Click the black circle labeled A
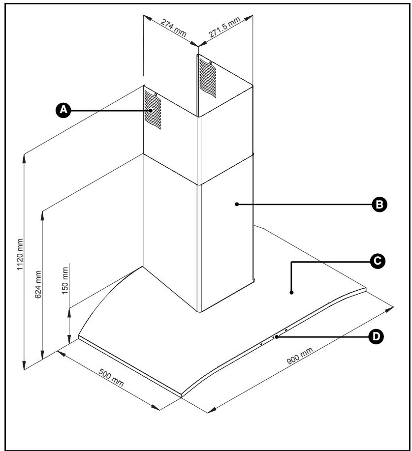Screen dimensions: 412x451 [63, 110]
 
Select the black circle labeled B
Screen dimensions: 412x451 [380, 205]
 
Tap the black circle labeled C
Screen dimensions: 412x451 [378, 261]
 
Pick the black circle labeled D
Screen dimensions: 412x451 [376, 336]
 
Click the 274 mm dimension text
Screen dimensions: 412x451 [173, 28]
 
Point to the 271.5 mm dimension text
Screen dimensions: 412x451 [224, 28]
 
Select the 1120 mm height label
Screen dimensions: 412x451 [20, 254]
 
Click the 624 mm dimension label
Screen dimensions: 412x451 [38, 284]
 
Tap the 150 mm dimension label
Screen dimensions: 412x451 [65, 280]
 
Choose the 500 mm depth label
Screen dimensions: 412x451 [111, 377]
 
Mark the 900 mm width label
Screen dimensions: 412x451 [300, 356]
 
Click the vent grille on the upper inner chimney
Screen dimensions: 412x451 [208, 78]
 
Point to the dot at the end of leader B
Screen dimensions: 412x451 [237, 204]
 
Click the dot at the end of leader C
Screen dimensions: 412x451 [291, 293]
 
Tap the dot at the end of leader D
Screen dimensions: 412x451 [277, 337]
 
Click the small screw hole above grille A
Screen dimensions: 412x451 [156, 94]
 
